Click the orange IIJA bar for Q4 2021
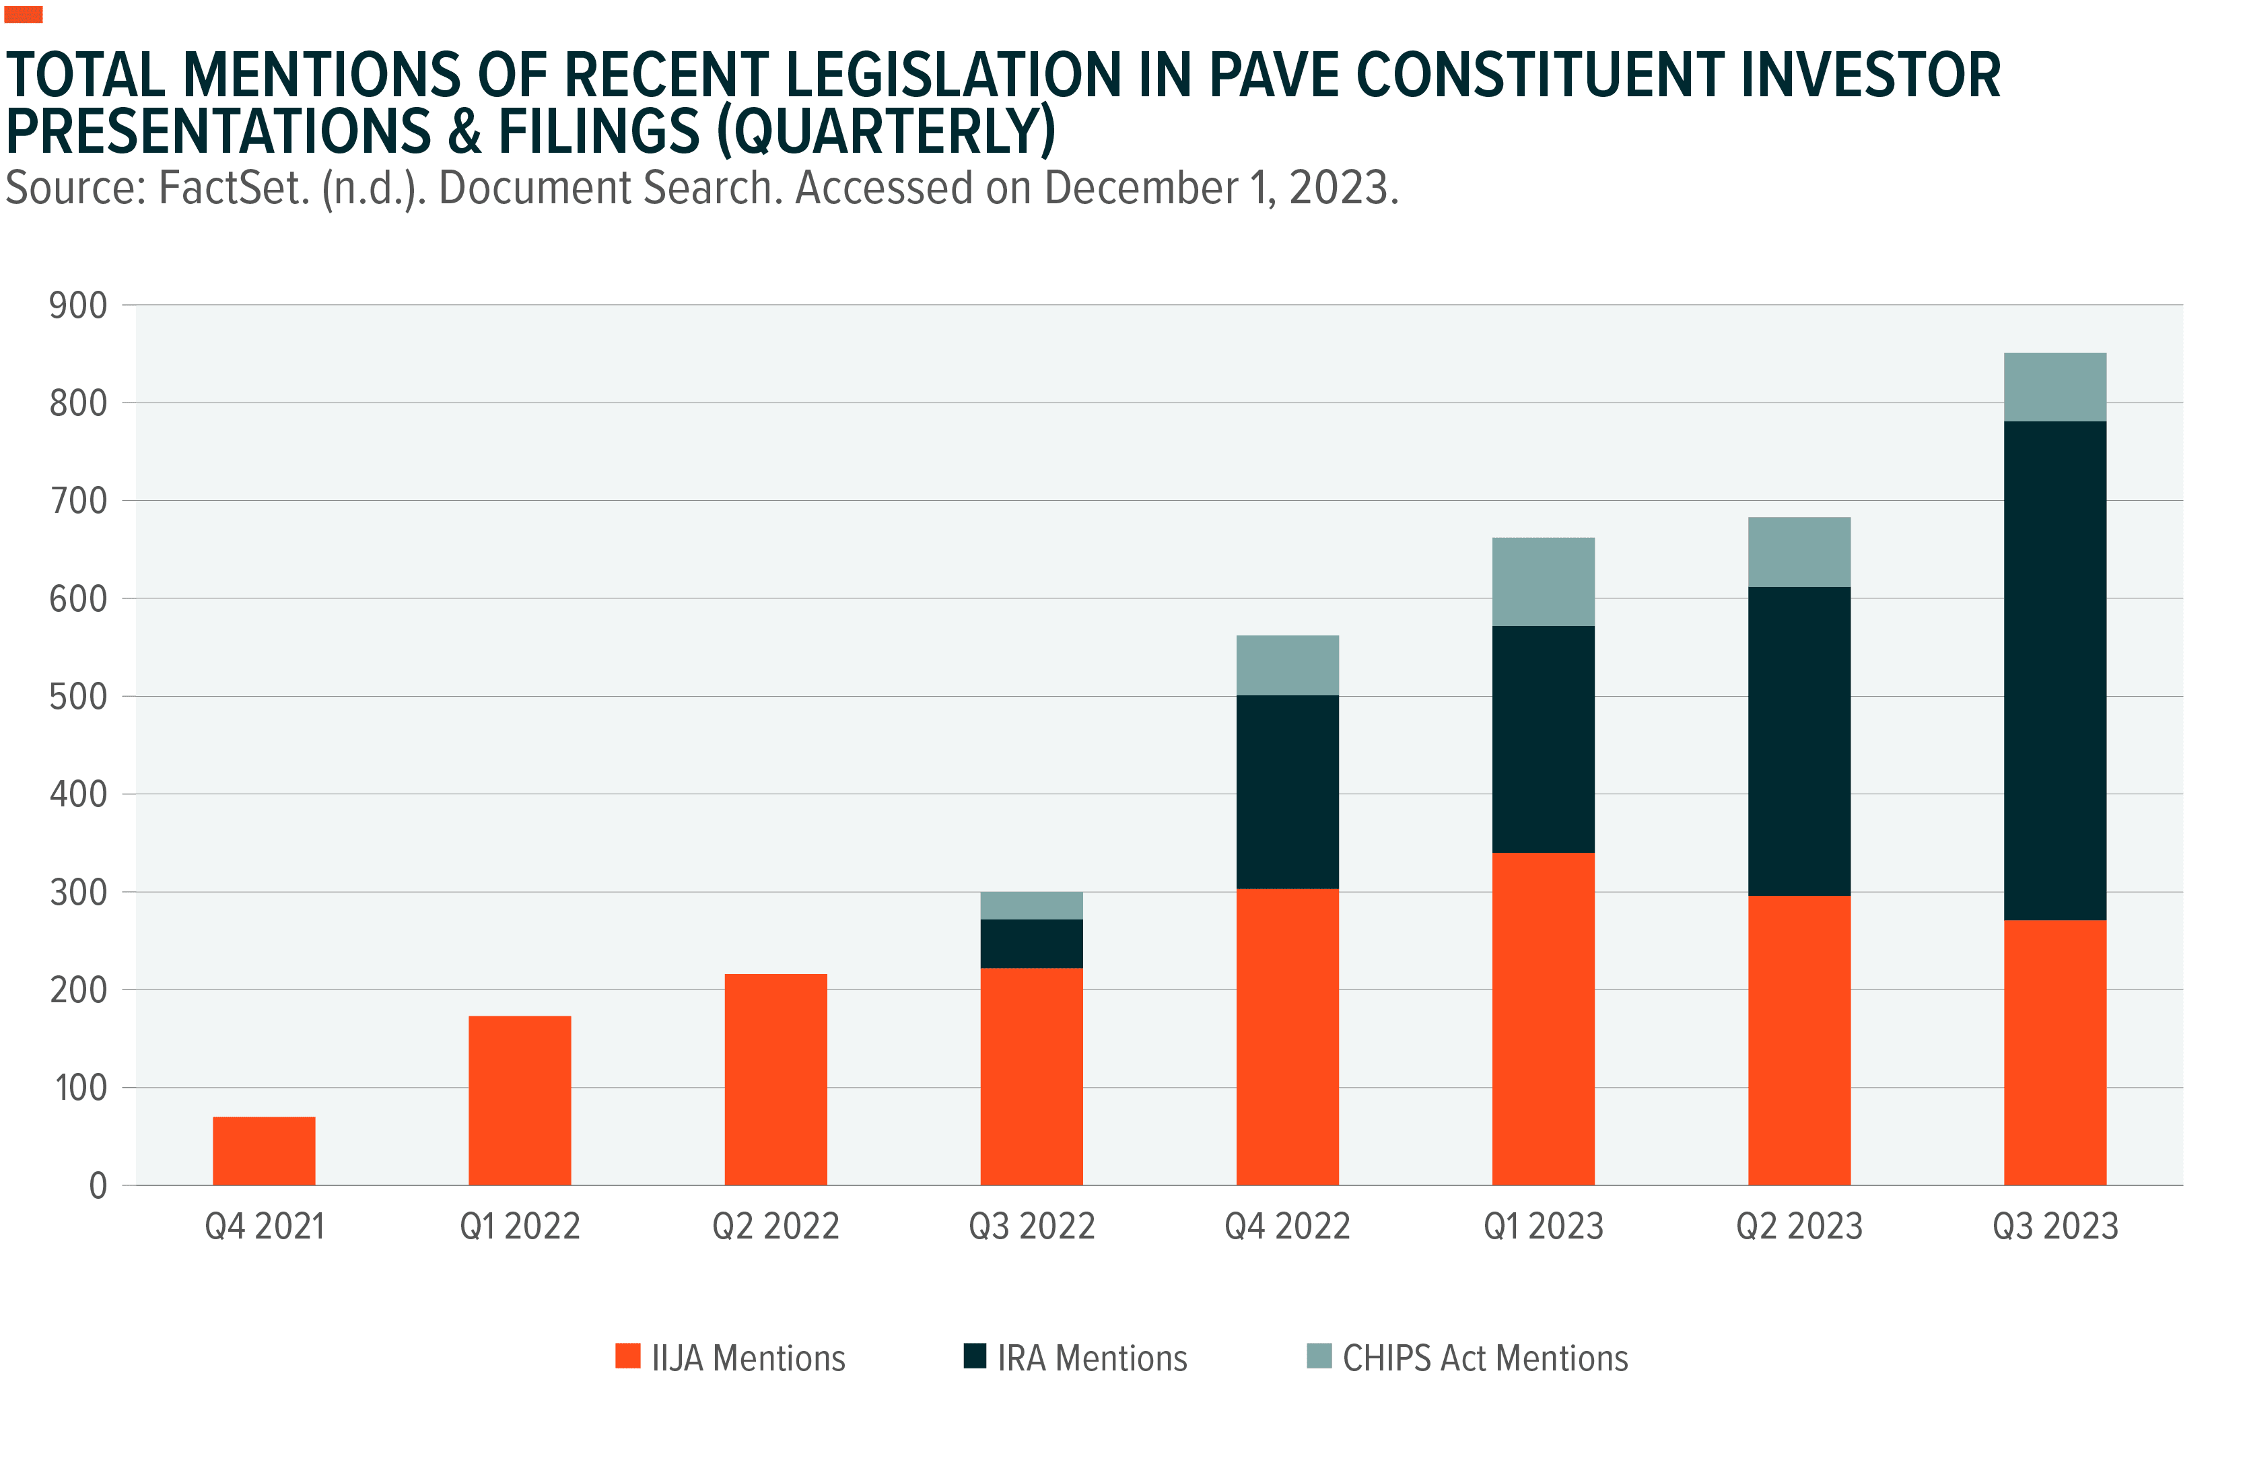264,1151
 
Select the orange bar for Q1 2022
520,1100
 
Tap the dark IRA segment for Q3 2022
1031,943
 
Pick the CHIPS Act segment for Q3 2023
2054,387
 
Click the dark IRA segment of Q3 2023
2054,670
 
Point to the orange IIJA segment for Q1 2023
1543,1018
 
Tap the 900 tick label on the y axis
78,306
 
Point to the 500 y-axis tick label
78,697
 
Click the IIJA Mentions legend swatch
627,1356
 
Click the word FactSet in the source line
234,188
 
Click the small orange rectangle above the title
24,14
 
